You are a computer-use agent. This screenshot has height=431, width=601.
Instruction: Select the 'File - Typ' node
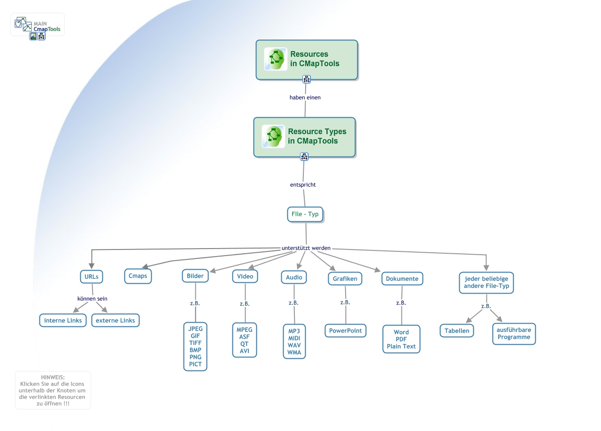tap(305, 214)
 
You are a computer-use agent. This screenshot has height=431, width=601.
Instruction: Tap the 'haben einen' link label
tap(305, 98)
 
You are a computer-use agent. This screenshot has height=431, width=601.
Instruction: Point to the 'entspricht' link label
tap(303, 185)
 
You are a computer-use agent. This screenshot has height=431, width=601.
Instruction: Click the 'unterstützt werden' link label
tap(306, 248)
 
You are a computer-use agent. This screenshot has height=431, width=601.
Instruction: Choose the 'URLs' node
tap(92, 277)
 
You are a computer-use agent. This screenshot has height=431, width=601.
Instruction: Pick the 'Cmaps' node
tap(138, 276)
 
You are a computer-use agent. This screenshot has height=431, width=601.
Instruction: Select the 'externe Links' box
tap(116, 321)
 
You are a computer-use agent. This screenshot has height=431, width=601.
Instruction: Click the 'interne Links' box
tap(63, 321)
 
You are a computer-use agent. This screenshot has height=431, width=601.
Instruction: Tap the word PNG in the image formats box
tap(195, 357)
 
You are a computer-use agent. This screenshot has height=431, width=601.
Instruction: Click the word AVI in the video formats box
tap(245, 351)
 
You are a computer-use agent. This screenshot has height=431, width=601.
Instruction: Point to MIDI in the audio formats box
tap(294, 339)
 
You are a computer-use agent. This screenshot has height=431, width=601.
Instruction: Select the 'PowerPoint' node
tap(346, 331)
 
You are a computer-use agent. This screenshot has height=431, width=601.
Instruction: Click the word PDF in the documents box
tap(401, 340)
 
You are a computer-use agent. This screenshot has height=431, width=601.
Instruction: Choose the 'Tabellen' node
tap(457, 331)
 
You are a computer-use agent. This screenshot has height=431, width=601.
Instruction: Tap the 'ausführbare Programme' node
tap(514, 333)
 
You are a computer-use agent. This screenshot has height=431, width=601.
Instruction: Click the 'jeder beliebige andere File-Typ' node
tap(486, 282)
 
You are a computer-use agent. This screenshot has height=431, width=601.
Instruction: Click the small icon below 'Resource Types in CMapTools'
tap(304, 157)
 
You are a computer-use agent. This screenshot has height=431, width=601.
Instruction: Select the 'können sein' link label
tap(92, 299)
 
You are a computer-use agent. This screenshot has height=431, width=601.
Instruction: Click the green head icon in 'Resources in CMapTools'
tap(276, 59)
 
